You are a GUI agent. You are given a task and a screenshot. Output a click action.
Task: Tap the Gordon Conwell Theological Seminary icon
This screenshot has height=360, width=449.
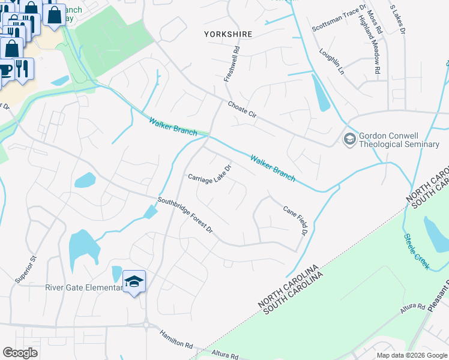pos(349,139)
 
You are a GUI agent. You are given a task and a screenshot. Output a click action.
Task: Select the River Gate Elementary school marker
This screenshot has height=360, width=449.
pos(134,281)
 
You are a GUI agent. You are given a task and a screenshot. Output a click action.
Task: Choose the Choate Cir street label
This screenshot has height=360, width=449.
pos(242,112)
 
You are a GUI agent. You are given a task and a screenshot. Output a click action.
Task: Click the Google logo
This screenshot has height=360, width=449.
pos(20,353)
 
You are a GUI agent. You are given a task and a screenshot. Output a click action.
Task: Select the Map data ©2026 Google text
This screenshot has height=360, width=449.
pos(411,355)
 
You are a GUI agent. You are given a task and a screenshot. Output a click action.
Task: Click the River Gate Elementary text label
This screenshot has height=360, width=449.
pos(83,287)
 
